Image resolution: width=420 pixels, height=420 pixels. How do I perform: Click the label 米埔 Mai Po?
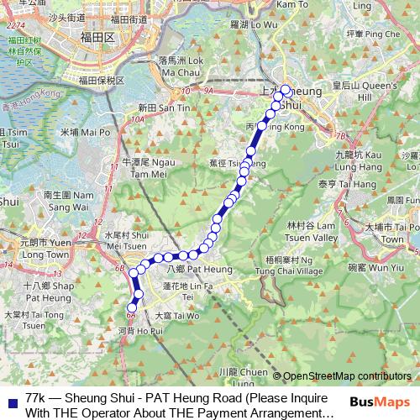(x=85, y=132)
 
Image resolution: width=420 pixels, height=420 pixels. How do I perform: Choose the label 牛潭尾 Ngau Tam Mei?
(x=146, y=167)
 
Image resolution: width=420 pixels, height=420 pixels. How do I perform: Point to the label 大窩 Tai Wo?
(x=176, y=316)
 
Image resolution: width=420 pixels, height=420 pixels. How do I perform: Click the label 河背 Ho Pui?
(x=138, y=332)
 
